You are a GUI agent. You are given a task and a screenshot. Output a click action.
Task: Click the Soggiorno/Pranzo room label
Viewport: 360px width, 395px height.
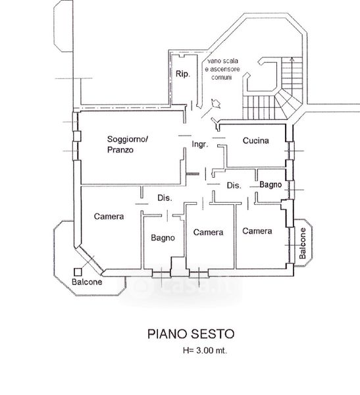128,144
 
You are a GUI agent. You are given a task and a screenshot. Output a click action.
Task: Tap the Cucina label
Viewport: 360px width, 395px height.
256,141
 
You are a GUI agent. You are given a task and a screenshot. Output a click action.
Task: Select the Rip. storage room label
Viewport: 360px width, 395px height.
183,74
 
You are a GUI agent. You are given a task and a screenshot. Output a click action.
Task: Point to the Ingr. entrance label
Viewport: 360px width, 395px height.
200,144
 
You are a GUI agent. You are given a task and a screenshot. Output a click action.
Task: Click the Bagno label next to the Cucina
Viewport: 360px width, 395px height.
270,184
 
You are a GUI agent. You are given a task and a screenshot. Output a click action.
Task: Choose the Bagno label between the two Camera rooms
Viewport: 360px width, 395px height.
163,238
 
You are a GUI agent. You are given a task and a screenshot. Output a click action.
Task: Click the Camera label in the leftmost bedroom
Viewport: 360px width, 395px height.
109,217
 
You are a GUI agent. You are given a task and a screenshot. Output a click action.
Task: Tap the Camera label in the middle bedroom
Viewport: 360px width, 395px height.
209,232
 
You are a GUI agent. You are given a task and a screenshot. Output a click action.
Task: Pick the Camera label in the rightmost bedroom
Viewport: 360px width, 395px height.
257,231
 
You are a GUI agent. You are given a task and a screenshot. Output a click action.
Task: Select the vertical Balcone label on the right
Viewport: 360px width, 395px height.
302,244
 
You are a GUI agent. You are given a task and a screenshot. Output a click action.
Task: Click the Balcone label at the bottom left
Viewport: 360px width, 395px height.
87,282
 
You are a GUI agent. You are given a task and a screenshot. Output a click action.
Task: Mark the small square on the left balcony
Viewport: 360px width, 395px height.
78,272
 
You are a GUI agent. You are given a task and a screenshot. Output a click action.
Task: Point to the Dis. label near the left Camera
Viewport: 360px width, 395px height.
165,197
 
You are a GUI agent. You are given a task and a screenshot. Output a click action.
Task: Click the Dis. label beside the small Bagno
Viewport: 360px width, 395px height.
234,186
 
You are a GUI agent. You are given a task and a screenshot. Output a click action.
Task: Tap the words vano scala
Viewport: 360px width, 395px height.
222,61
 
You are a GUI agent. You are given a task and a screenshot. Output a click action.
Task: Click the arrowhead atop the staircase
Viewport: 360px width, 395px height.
292,59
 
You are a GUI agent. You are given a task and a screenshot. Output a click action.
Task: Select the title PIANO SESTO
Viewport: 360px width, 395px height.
191,334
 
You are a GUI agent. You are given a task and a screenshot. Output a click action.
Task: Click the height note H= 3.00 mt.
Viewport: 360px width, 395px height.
205,350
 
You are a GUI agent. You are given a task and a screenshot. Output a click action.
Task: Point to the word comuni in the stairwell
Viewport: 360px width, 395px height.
221,77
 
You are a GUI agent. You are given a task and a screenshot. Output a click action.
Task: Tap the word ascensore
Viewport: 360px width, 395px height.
225,69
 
